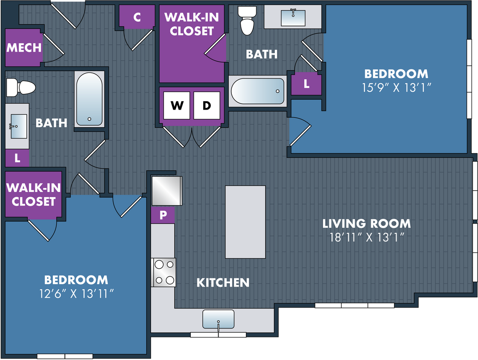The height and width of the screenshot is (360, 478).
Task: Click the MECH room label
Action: click(24, 47)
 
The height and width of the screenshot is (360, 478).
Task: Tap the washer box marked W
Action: click(177, 105)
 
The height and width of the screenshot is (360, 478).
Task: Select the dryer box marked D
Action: click(207, 105)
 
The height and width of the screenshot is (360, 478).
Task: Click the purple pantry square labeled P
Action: click(163, 215)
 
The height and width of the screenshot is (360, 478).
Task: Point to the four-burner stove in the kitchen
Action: click(164, 272)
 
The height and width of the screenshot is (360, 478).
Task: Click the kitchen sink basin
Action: click(218, 319)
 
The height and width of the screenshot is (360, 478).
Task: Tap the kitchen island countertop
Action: click(245, 222)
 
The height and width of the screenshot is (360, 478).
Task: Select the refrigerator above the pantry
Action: click(167, 191)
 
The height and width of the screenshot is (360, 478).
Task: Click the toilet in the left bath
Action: click(21, 87)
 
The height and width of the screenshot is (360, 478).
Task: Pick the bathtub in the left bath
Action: click(89, 99)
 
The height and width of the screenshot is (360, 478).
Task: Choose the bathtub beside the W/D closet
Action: click(258, 91)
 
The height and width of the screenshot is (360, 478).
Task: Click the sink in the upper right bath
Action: click(293, 17)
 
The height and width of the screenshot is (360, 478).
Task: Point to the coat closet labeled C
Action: click(137, 17)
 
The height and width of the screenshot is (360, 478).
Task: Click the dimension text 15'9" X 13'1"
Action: click(396, 88)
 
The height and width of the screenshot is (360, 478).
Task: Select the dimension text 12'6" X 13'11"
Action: click(76, 293)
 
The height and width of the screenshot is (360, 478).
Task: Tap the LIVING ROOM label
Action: click(367, 224)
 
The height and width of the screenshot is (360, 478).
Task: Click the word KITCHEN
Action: click(223, 283)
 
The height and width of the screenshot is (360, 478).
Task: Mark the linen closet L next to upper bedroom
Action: click(306, 84)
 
